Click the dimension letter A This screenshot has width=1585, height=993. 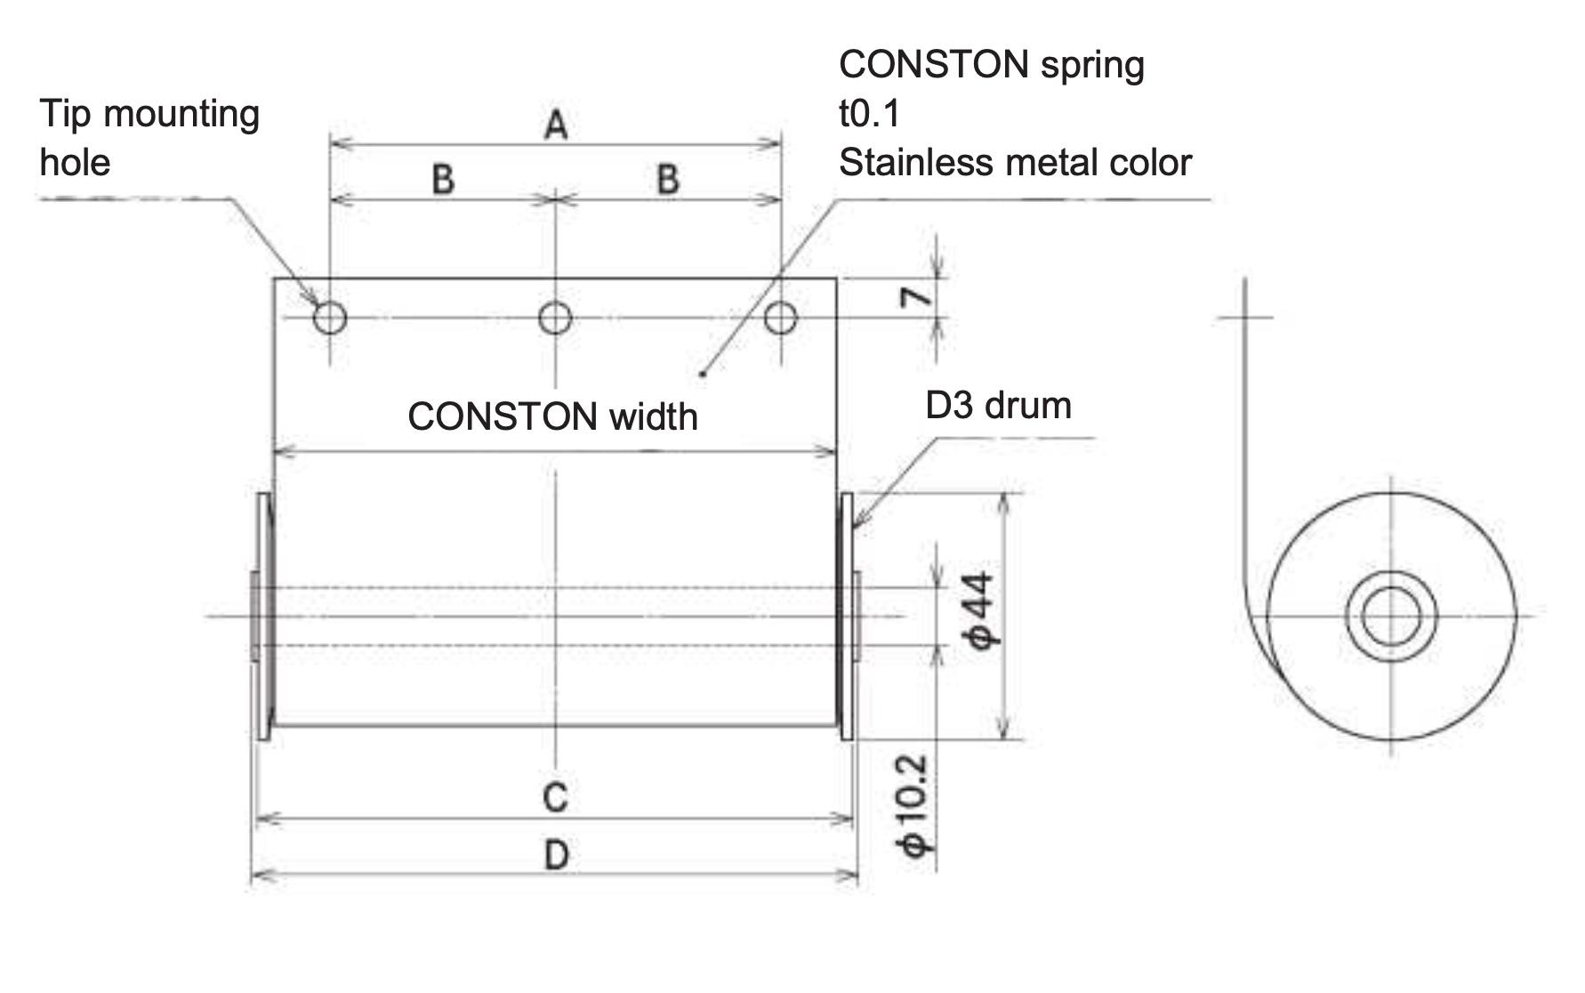pyautogui.click(x=556, y=125)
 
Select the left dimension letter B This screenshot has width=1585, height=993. pyautogui.click(x=443, y=180)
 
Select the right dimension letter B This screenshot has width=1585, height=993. pyautogui.click(x=668, y=180)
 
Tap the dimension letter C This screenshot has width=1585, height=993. pyautogui.click(x=555, y=797)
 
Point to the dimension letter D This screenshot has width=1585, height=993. pyautogui.click(x=556, y=856)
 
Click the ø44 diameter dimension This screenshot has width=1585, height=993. pyautogui.click(x=983, y=611)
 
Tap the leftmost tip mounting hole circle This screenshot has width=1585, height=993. pyautogui.click(x=330, y=317)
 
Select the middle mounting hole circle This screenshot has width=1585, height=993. pyautogui.click(x=556, y=317)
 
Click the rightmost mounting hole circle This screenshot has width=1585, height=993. pyautogui.click(x=781, y=317)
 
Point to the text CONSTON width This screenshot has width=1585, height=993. pyautogui.click(x=552, y=416)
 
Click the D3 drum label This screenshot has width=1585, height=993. pyautogui.click(x=998, y=406)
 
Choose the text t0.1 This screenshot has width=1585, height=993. pyautogui.click(x=869, y=114)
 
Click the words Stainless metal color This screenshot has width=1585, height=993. pyautogui.click(x=1015, y=163)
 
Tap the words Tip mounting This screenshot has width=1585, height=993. pyautogui.click(x=149, y=114)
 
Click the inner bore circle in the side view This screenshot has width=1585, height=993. pyautogui.click(x=1391, y=616)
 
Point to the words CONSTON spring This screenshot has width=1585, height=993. pyautogui.click(x=991, y=65)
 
